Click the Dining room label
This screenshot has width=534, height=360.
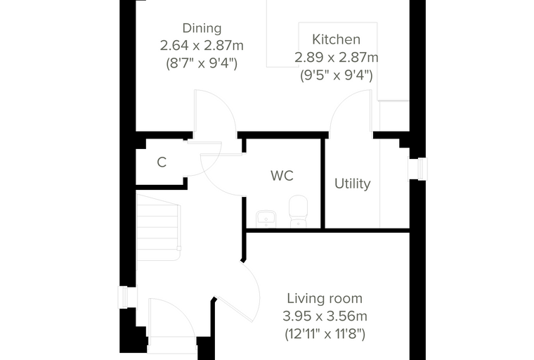click(202, 28)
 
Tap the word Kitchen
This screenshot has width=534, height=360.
click(336, 39)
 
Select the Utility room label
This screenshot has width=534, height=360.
click(353, 184)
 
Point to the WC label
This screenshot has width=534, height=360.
click(282, 176)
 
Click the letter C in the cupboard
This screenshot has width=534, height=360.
click(162, 162)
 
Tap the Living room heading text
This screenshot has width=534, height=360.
click(325, 299)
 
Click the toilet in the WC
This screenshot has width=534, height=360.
click(299, 211)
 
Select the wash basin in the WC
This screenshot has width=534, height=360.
click(266, 219)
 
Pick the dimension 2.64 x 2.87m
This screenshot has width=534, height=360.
click(202, 46)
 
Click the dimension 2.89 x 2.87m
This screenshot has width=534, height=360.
click(337, 57)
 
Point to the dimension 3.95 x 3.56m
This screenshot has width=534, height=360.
click(325, 316)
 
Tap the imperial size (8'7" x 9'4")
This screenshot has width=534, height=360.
click(202, 63)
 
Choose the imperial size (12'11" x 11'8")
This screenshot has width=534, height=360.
click(325, 334)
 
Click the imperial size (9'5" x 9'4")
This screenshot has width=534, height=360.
click(337, 75)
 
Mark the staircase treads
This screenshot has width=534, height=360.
click(158, 228)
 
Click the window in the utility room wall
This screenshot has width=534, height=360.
click(422, 169)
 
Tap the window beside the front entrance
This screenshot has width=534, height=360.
click(123, 297)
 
